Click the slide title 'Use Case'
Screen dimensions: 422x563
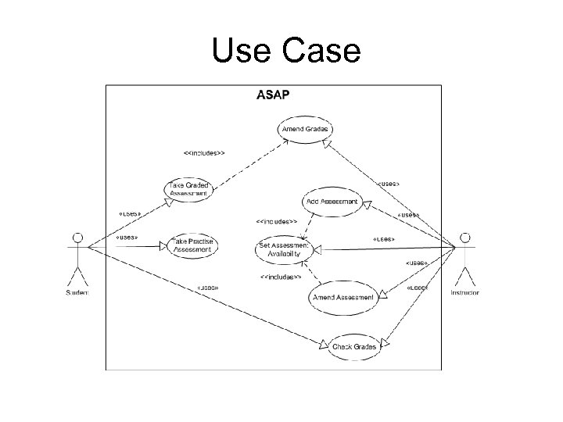(x=285, y=52)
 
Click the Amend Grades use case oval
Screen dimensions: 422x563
(x=305, y=129)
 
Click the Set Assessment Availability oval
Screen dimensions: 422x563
(x=285, y=250)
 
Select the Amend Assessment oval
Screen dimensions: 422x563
(x=342, y=297)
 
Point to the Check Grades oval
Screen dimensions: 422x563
(x=353, y=346)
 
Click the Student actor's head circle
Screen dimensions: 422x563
(x=77, y=237)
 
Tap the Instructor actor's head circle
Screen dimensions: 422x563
(x=465, y=237)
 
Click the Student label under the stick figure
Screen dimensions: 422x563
(x=77, y=292)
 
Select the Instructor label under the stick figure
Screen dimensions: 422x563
(x=465, y=292)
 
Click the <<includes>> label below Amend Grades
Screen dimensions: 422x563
(x=204, y=153)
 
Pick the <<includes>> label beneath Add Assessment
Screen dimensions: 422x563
(x=276, y=222)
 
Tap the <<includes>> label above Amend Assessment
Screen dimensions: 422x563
(x=280, y=277)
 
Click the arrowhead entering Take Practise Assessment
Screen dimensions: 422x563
(x=164, y=246)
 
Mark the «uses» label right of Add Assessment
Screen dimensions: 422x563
(x=408, y=214)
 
